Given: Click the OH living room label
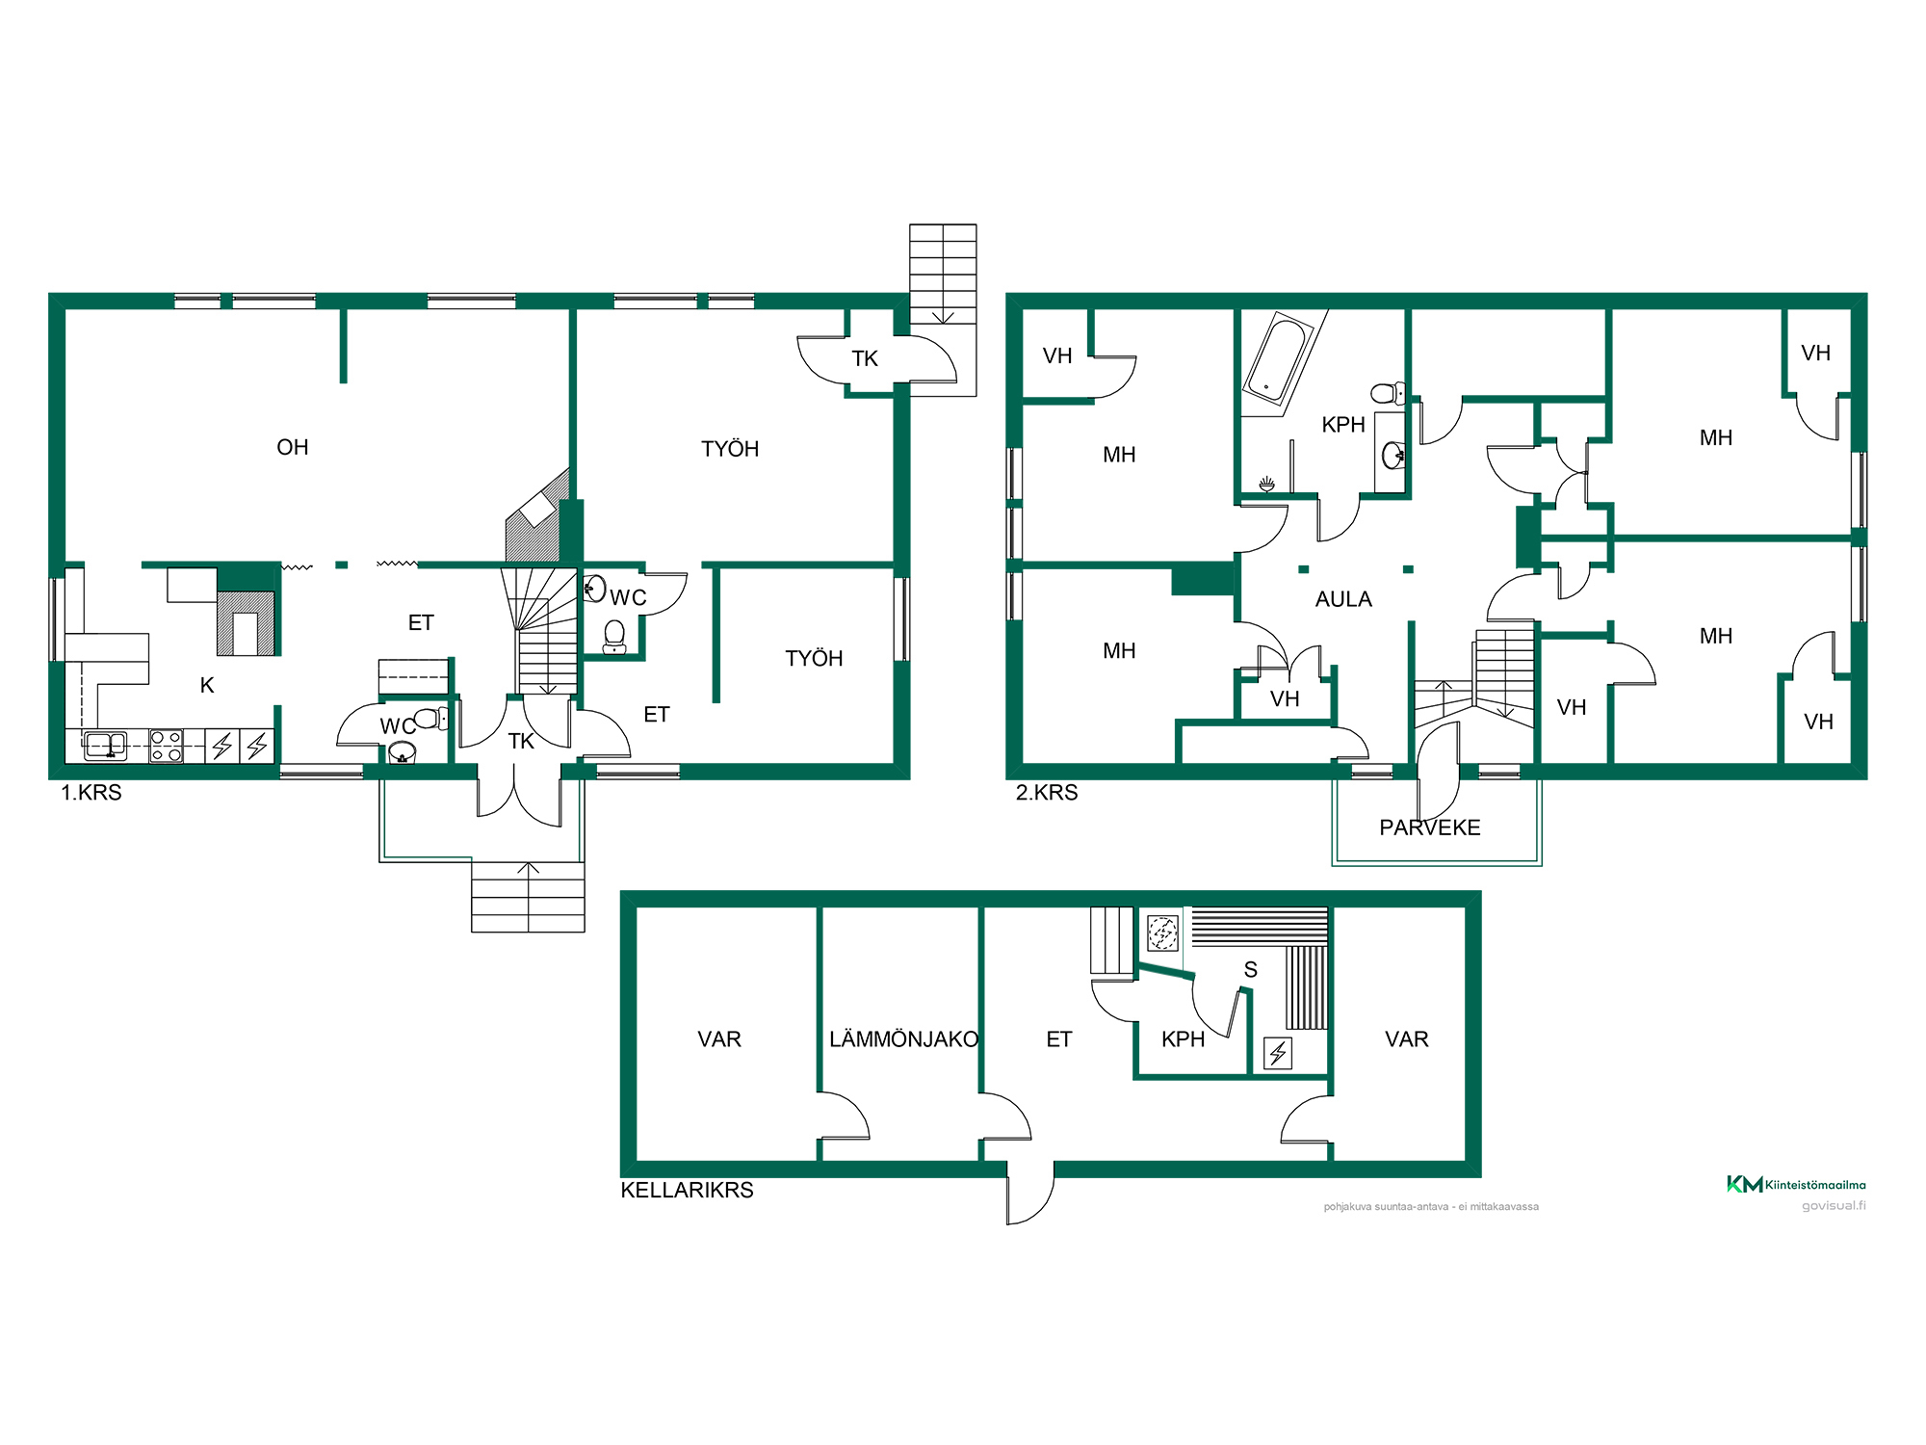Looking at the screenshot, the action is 293,447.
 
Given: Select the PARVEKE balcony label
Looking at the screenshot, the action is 1430,828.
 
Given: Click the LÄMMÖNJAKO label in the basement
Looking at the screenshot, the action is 903,1039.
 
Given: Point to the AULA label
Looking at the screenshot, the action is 1343,599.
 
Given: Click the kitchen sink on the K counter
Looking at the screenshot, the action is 105,746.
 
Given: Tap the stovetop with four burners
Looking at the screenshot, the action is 167,747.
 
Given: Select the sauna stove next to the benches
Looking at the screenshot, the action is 1162,932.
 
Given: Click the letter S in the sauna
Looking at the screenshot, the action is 1251,970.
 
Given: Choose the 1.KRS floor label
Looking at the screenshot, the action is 91,793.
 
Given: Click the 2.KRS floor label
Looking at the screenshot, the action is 1047,793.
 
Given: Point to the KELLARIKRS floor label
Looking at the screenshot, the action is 687,1190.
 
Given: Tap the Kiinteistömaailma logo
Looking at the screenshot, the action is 1796,1184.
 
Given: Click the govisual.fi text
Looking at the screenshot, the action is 1834,1205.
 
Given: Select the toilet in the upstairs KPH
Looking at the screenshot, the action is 1388,393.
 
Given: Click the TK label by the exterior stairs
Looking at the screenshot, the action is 865,358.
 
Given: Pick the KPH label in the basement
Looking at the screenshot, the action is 1183,1039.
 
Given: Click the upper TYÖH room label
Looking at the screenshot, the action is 730,449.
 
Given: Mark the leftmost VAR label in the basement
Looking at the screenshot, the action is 719,1039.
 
